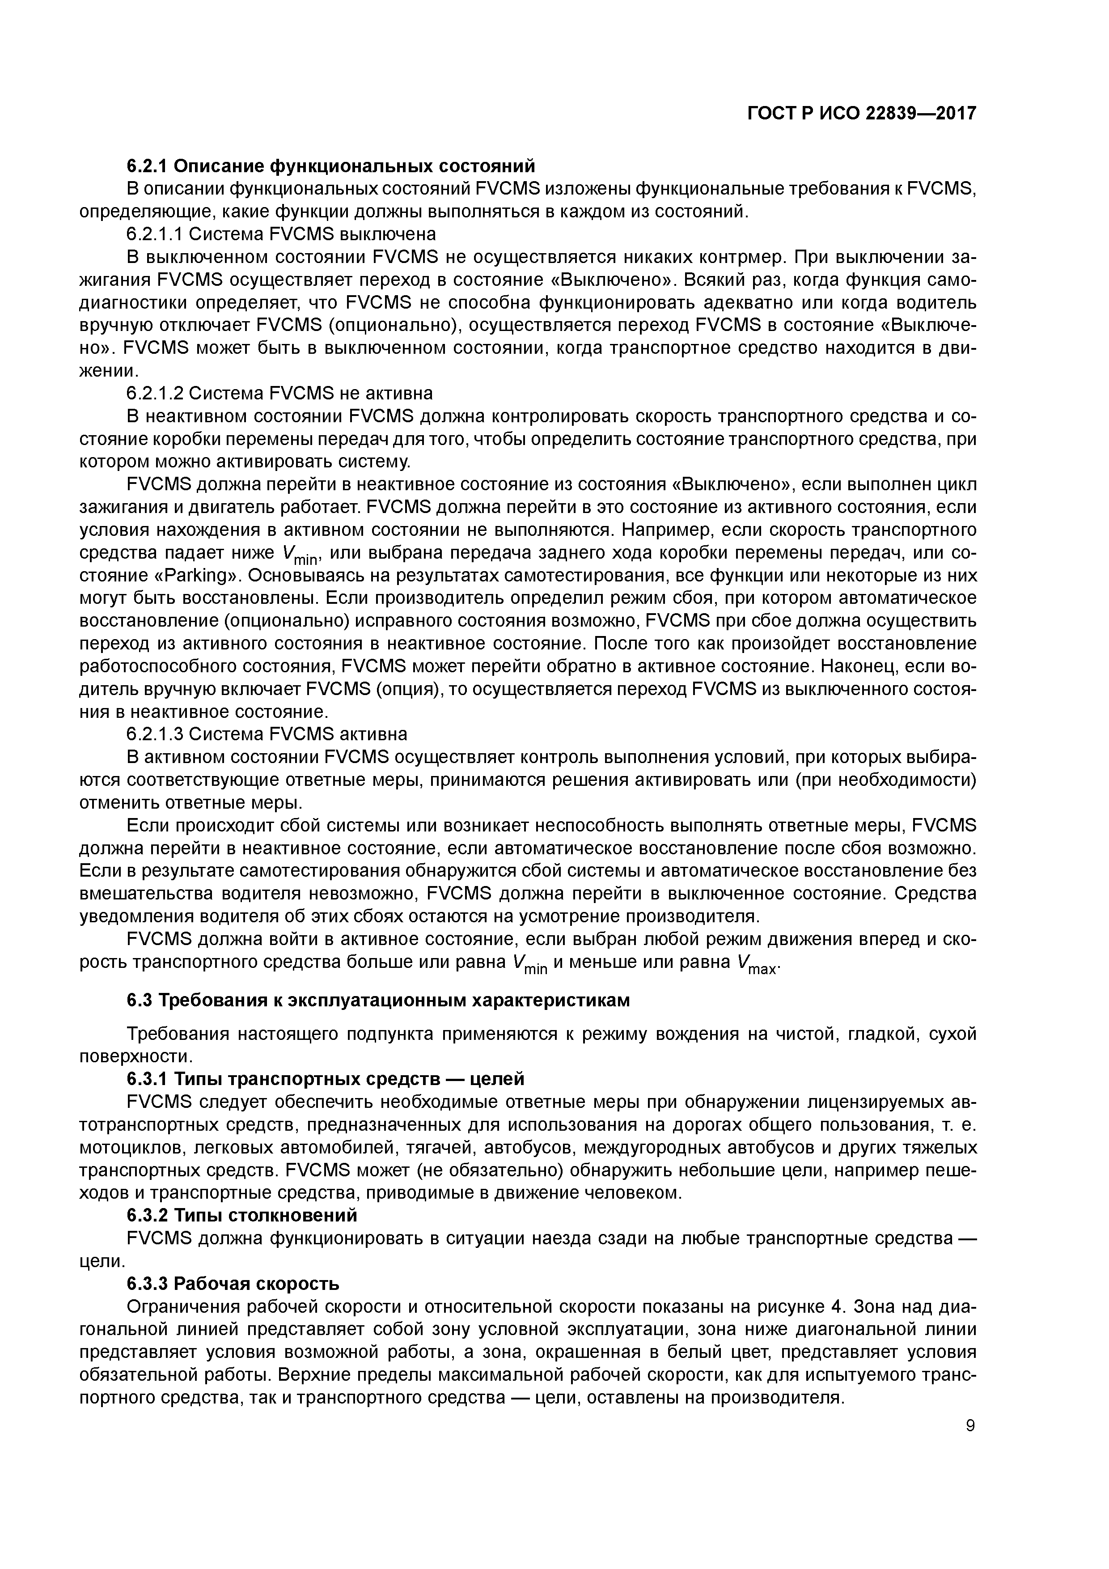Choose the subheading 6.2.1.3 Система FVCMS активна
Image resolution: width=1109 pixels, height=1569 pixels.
tap(267, 734)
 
